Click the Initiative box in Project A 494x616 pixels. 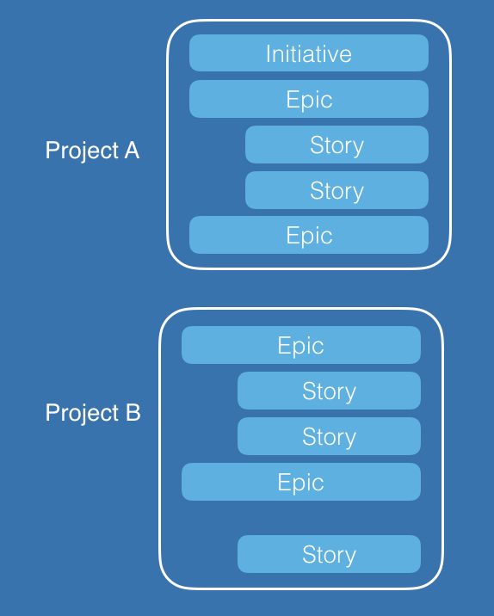click(309, 53)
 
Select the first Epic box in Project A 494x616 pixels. click(309, 99)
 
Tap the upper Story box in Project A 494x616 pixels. click(337, 145)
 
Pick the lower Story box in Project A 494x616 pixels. click(337, 190)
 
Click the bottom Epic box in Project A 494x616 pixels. click(309, 235)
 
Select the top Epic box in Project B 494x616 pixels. click(301, 345)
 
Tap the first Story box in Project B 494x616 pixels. click(329, 391)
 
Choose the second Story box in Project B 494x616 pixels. click(329, 436)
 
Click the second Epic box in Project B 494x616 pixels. click(301, 482)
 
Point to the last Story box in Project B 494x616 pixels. click(329, 554)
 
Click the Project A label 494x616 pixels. click(92, 151)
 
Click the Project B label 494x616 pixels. click(93, 413)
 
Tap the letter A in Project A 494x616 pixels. click(132, 150)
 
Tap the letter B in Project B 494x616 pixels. click(133, 412)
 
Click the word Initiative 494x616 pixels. click(309, 53)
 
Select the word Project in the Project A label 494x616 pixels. click(82, 151)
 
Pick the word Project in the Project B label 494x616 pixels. click(82, 413)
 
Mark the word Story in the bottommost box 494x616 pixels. click(330, 555)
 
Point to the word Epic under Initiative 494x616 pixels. click(309, 100)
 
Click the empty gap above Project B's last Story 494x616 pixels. click(301, 518)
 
